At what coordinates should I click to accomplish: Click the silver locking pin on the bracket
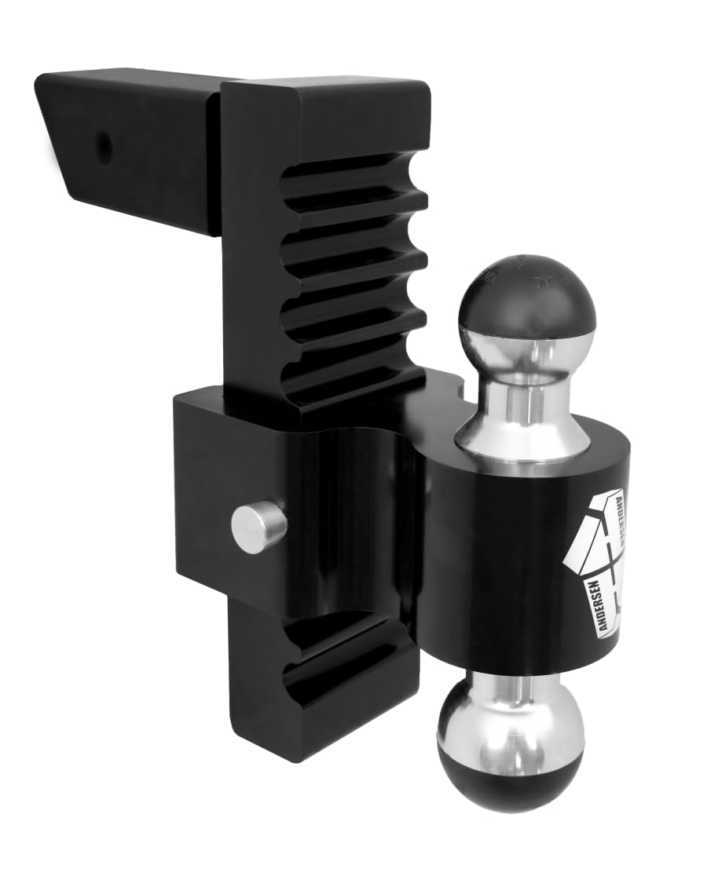pos(258,526)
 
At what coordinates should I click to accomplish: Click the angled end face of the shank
pos(59,133)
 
